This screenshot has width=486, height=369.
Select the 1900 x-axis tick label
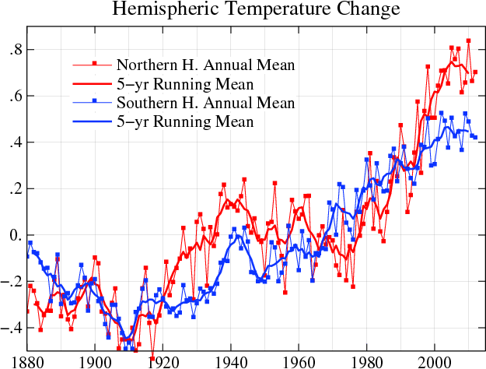[96, 361]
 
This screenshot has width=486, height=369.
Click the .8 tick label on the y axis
[13, 50]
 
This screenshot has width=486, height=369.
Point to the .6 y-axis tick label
[13, 97]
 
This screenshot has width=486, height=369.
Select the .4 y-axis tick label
[13, 142]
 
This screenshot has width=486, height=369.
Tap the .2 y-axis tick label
[13, 189]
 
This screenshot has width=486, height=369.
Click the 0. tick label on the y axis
[13, 235]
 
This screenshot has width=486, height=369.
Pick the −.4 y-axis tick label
[11, 328]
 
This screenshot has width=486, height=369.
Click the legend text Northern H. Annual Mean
[205, 64]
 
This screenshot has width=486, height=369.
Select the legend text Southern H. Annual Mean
[205, 103]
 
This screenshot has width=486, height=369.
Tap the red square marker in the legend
[94, 63]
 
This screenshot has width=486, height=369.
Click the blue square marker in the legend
[94, 102]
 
